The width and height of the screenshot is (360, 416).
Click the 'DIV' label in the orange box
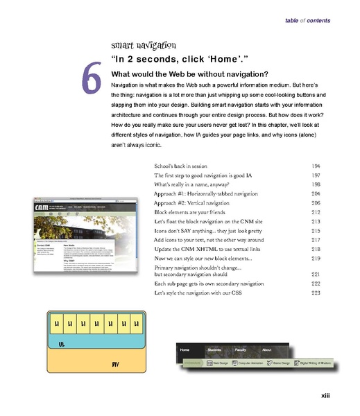pyautogui.click(x=116, y=363)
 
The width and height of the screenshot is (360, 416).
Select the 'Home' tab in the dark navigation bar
pyautogui.click(x=185, y=351)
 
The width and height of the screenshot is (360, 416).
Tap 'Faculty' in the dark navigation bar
pyautogui.click(x=240, y=351)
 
